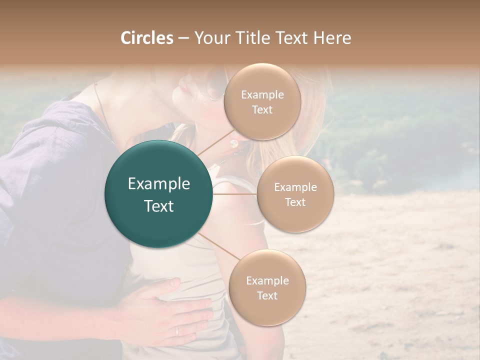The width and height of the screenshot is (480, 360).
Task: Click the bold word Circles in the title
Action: click(x=147, y=38)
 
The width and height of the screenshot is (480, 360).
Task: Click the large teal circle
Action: click(x=158, y=194)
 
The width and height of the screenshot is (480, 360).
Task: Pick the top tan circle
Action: click(x=262, y=102)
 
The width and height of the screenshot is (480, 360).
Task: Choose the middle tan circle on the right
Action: click(x=295, y=194)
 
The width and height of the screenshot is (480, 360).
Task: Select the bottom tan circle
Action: click(x=267, y=288)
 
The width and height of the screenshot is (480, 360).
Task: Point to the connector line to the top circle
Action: click(x=215, y=142)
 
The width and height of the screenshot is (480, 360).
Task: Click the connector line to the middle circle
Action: click(x=235, y=194)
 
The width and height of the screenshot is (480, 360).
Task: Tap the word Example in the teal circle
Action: click(x=159, y=184)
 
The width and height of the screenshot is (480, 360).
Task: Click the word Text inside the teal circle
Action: click(x=159, y=205)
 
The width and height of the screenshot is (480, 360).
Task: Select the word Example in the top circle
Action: click(x=262, y=95)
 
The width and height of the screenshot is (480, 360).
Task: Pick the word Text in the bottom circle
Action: click(x=267, y=295)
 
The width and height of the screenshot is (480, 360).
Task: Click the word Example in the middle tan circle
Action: click(x=295, y=187)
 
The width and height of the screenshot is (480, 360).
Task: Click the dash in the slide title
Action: click(x=183, y=38)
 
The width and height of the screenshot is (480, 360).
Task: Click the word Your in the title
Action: click(x=209, y=38)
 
